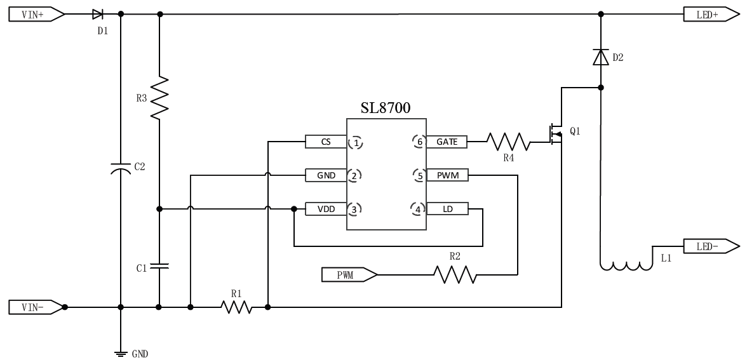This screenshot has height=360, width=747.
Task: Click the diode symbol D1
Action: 98,14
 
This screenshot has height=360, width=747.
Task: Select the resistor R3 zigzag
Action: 159,97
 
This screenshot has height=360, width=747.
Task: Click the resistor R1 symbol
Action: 236,307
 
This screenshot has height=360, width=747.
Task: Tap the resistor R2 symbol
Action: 454,275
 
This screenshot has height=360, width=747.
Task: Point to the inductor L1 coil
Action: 626,265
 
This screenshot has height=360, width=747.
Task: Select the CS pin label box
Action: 325,142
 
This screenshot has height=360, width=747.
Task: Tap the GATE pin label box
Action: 447,142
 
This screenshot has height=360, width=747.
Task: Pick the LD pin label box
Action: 447,208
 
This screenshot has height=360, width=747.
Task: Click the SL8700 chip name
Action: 386,108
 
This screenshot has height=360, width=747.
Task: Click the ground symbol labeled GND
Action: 120,352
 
